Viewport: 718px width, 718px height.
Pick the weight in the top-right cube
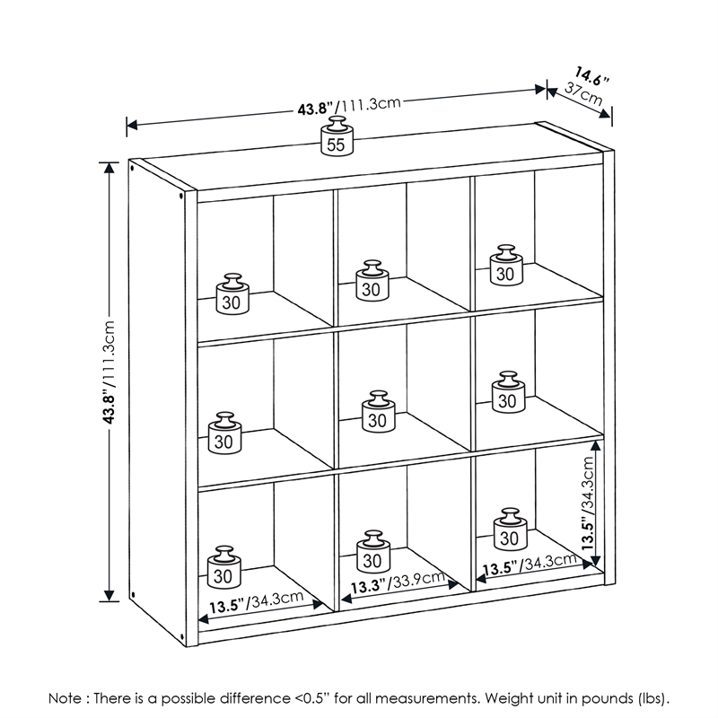click(506, 266)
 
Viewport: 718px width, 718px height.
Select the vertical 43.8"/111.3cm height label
click(109, 372)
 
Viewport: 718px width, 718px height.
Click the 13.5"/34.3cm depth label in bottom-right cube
click(530, 565)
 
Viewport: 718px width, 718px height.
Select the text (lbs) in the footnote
click(650, 697)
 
